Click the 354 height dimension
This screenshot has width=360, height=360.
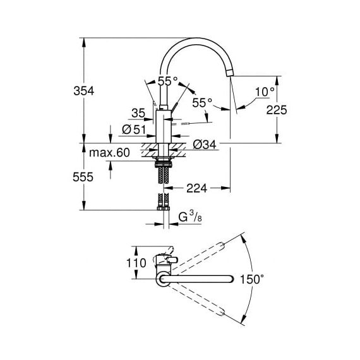[x=84, y=91]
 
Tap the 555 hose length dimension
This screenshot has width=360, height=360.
[x=83, y=177]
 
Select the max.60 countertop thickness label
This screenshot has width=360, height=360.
[x=109, y=152]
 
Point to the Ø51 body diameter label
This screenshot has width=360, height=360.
[x=134, y=129]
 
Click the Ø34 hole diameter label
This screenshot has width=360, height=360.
[x=205, y=145]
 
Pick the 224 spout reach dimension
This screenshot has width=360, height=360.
[x=197, y=188]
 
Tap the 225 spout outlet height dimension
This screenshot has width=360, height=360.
[x=277, y=110]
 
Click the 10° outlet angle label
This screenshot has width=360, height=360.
[x=265, y=92]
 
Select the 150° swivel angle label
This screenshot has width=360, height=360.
[x=252, y=279]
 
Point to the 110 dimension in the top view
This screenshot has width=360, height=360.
[x=136, y=263]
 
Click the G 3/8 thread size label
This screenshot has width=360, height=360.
[x=190, y=217]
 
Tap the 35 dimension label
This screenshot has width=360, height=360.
[x=138, y=113]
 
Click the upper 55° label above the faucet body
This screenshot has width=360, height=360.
[x=167, y=81]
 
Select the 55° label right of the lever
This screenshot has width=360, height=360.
[x=202, y=103]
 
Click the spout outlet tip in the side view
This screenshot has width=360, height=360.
[x=231, y=73]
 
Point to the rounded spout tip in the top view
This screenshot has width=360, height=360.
[x=231, y=279]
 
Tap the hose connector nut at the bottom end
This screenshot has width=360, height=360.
[x=164, y=208]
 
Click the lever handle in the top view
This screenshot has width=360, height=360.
[x=172, y=260]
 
